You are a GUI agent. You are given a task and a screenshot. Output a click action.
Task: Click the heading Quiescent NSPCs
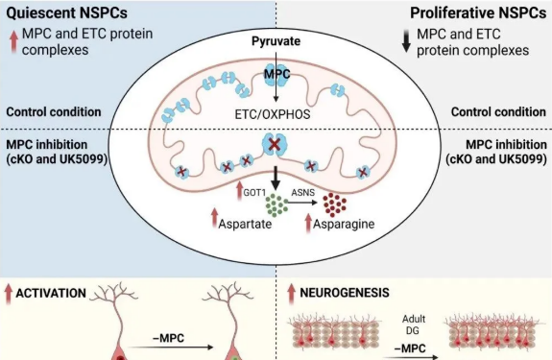pyautogui.click(x=67, y=12)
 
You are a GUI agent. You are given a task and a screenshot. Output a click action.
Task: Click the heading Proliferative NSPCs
pyautogui.click(x=478, y=12)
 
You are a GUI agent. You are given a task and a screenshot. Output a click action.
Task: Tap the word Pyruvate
pyautogui.click(x=276, y=41)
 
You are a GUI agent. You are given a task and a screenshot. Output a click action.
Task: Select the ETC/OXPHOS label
pyautogui.click(x=273, y=114)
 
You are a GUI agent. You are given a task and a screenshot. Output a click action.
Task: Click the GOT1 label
pyautogui.click(x=254, y=193)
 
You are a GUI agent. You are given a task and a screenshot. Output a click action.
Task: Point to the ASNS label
pyautogui.click(x=303, y=193)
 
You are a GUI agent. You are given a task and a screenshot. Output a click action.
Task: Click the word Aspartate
pyautogui.click(x=245, y=224)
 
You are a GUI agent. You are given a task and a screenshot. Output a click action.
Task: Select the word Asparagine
pyautogui.click(x=344, y=224)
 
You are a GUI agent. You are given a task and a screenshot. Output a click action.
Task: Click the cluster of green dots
pyautogui.click(x=276, y=204)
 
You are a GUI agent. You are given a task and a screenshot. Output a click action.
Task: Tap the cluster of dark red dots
pyautogui.click(x=335, y=204)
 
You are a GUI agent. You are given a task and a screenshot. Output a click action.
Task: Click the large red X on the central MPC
pyautogui.click(x=276, y=145)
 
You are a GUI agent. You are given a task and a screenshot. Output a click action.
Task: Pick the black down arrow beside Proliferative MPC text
pyautogui.click(x=406, y=41)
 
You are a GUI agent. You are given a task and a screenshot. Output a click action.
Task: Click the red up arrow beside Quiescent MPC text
pyautogui.click(x=13, y=41)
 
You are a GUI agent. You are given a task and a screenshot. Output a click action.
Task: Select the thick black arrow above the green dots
pyautogui.click(x=276, y=178)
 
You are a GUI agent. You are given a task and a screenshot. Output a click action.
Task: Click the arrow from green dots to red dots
pyautogui.click(x=302, y=202)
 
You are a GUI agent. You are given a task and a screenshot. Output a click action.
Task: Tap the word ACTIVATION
pyautogui.click(x=51, y=293)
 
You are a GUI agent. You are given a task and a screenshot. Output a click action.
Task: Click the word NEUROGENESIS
pyautogui.click(x=345, y=293)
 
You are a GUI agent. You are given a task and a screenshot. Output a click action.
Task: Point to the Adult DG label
pyautogui.click(x=414, y=324)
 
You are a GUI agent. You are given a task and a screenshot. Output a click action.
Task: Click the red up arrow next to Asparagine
pyautogui.click(x=309, y=224)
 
